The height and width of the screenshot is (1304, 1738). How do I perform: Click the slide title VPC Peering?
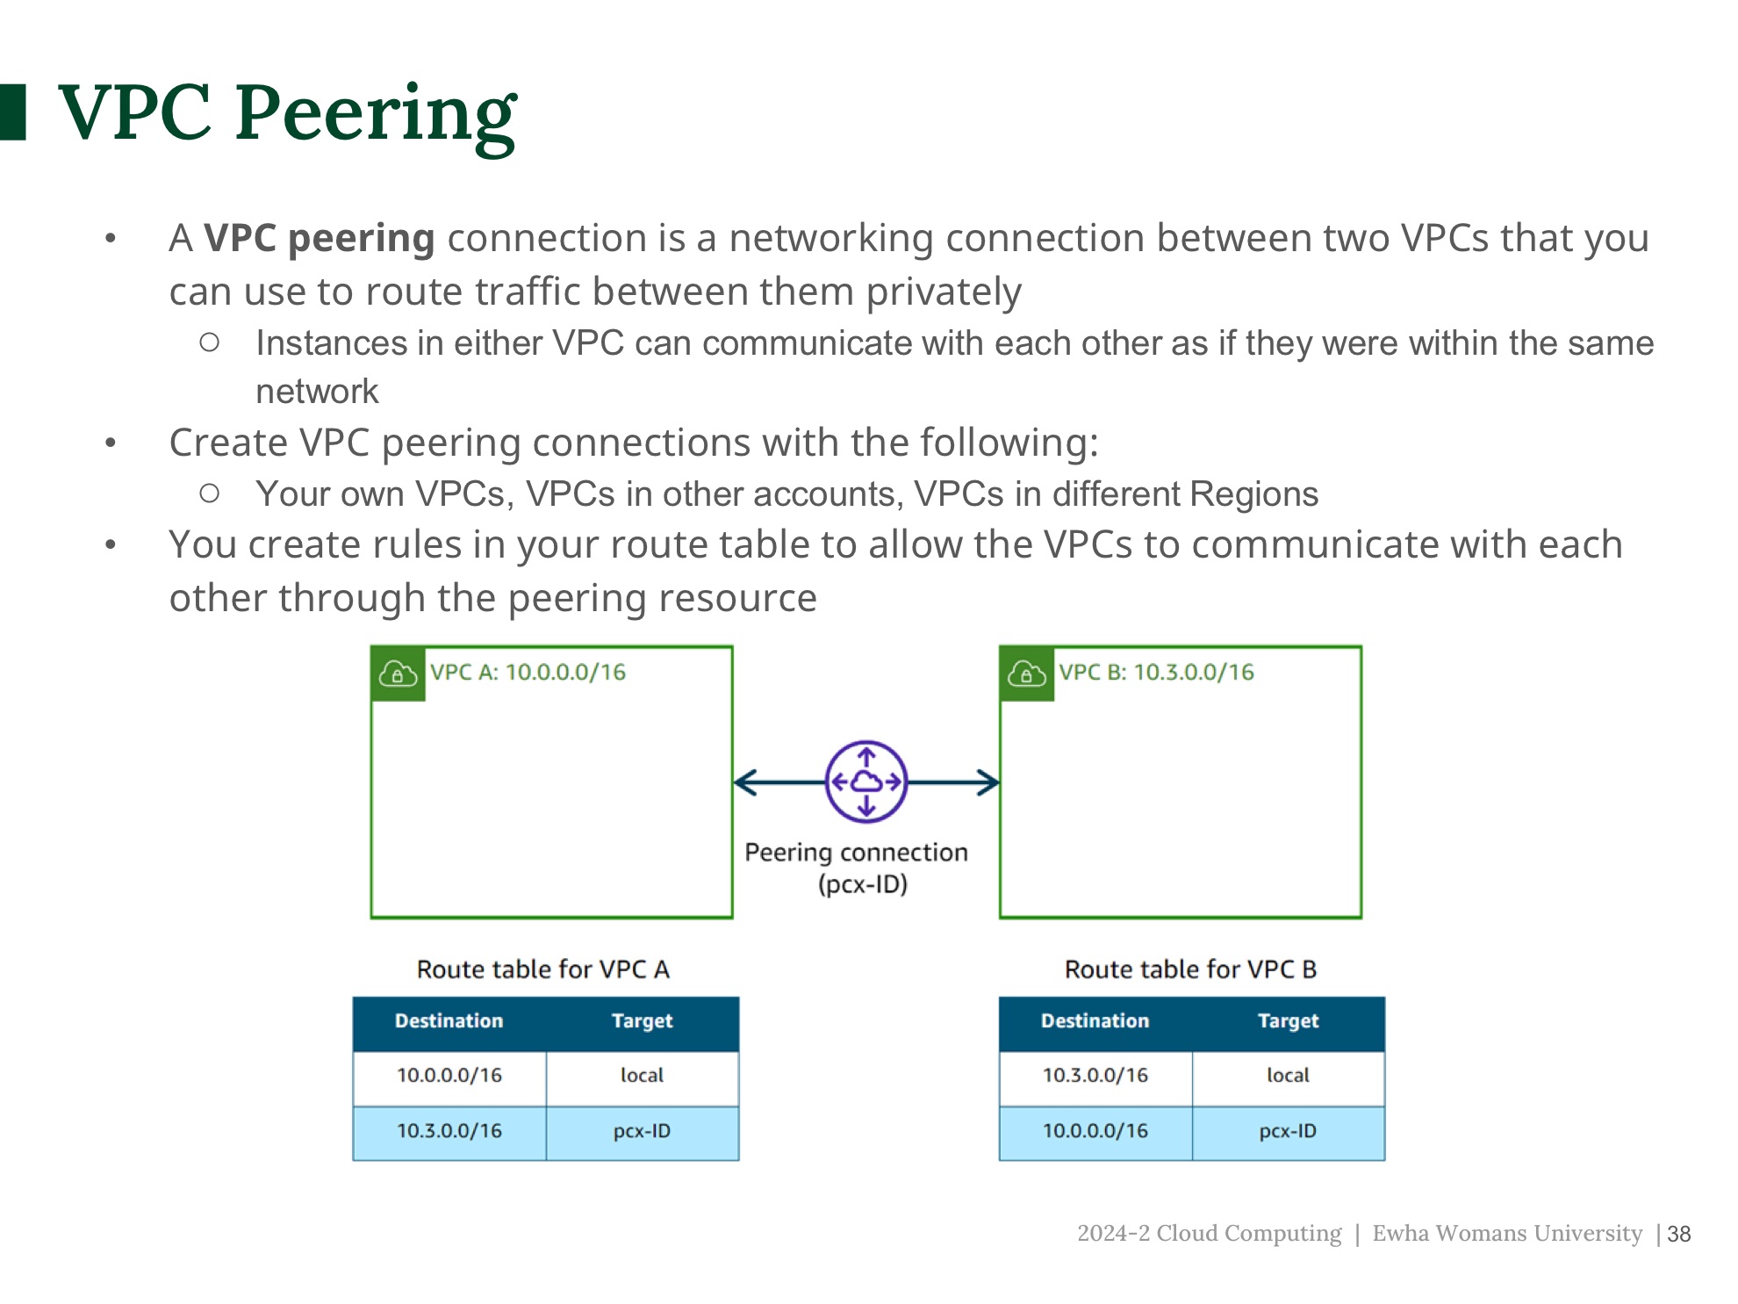pyautogui.click(x=287, y=113)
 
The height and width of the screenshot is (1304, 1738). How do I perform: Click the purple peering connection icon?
pyautogui.click(x=865, y=782)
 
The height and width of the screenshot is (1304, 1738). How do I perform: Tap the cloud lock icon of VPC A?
pyautogui.click(x=398, y=674)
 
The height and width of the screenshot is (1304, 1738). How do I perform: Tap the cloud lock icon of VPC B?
pyautogui.click(x=1026, y=674)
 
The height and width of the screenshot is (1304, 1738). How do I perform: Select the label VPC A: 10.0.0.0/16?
pyautogui.click(x=528, y=673)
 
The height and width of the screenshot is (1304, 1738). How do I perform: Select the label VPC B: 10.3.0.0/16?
pyautogui.click(x=1156, y=673)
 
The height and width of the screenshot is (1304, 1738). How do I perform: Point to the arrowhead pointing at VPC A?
pyautogui.click(x=744, y=782)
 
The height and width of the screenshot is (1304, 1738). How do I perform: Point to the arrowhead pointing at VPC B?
pyautogui.click(x=989, y=782)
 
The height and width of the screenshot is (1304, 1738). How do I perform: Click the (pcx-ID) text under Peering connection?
pyautogui.click(x=862, y=884)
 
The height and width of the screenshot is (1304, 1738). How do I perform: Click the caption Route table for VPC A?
pyautogui.click(x=542, y=969)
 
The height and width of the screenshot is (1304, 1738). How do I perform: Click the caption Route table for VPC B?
pyautogui.click(x=1190, y=969)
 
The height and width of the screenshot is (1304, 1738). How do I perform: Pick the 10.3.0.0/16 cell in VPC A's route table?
pyautogui.click(x=449, y=1131)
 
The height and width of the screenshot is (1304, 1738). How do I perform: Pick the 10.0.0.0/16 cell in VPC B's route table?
pyautogui.click(x=1095, y=1131)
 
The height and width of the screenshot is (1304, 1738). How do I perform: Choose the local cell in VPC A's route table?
pyautogui.click(x=642, y=1076)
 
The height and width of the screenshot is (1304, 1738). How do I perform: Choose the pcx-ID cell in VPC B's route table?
pyautogui.click(x=1288, y=1131)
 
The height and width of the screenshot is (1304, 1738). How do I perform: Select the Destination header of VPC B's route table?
pyautogui.click(x=1095, y=1021)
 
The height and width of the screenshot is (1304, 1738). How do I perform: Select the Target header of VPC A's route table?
pyautogui.click(x=642, y=1021)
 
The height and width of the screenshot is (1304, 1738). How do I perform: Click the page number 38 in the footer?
pyautogui.click(x=1678, y=1235)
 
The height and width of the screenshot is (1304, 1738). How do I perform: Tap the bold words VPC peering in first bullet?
pyautogui.click(x=319, y=239)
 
